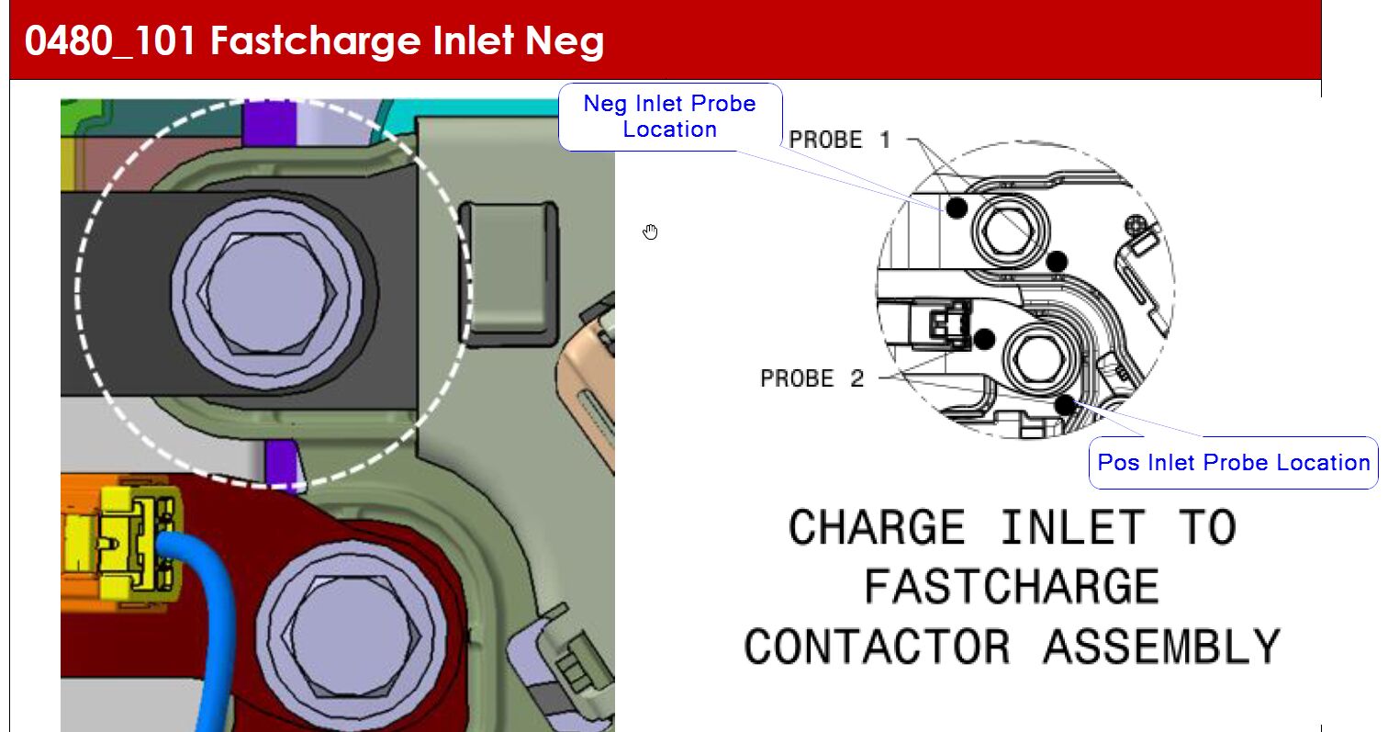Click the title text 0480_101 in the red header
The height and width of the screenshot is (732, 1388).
click(110, 41)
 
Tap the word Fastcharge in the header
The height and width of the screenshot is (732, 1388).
click(316, 41)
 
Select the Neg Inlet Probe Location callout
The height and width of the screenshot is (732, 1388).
click(670, 117)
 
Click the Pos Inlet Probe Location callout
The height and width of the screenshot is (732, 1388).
click(1233, 462)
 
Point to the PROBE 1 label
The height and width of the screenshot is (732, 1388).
click(840, 140)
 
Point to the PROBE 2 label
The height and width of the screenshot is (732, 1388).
click(812, 378)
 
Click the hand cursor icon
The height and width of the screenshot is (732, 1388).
click(650, 231)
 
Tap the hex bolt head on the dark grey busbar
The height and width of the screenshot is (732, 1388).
click(267, 293)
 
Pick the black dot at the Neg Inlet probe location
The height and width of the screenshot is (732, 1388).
click(957, 208)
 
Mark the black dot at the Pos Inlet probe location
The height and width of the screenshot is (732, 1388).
click(1065, 405)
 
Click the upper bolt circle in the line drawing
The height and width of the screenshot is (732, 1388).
click(1009, 231)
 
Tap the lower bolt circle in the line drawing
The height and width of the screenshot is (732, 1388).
click(1040, 359)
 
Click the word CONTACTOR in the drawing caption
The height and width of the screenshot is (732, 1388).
click(877, 647)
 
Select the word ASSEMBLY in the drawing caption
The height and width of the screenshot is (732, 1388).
click(1162, 647)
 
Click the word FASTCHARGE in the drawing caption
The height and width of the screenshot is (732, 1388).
click(1012, 586)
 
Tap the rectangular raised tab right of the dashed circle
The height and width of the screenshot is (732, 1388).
click(509, 273)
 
